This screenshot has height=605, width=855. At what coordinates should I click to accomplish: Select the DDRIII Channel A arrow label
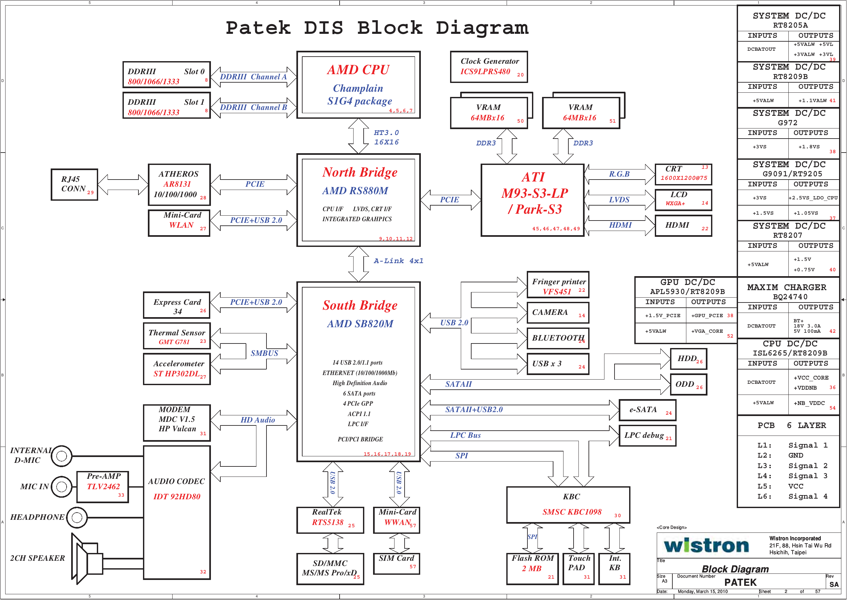(x=256, y=77)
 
